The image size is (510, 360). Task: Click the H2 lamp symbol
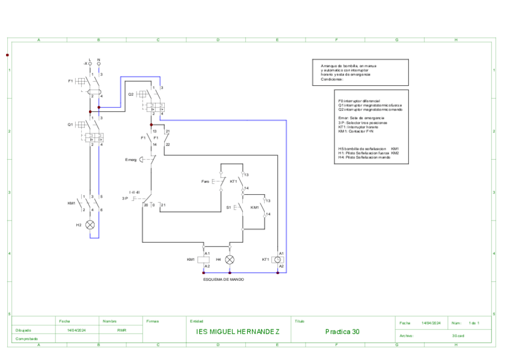coord(90,225)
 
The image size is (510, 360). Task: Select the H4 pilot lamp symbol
coord(229,260)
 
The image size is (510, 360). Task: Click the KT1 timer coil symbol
coord(277,260)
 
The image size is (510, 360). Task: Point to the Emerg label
coord(131,160)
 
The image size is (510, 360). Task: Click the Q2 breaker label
coord(131,94)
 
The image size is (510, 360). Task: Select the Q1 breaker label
coord(70,125)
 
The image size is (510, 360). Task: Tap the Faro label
coord(205,181)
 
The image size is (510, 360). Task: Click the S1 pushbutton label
coord(229,207)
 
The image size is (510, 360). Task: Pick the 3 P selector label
coord(125,198)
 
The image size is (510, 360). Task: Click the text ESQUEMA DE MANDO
coord(224,279)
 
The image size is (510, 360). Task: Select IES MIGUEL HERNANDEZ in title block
coord(238,331)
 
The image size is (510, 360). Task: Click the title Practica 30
coord(342,331)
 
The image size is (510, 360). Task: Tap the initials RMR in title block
coord(121,330)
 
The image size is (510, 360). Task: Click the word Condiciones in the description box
coord(332,79)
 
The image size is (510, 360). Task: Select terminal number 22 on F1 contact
coord(168,145)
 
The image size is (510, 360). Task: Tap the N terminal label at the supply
coord(99,59)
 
